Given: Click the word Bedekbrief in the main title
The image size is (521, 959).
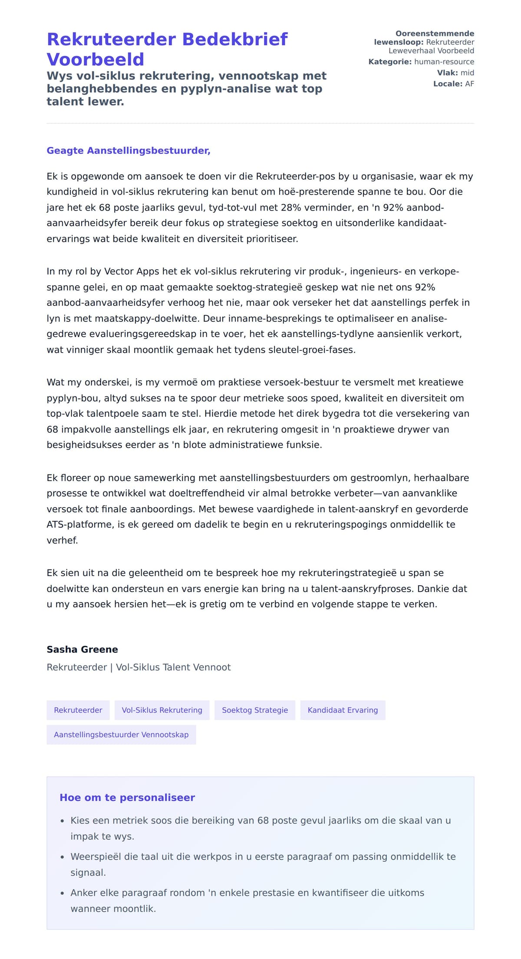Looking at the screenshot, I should pyautogui.click(x=234, y=39).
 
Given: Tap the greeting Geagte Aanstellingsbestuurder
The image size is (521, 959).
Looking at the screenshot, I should pyautogui.click(x=129, y=151).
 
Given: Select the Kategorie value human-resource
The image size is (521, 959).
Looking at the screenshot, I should pyautogui.click(x=444, y=62).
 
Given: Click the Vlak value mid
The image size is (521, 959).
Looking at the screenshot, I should pyautogui.click(x=467, y=73).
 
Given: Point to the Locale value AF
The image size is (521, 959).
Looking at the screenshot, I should pyautogui.click(x=469, y=84).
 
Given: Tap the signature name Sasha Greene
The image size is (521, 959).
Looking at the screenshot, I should pyautogui.click(x=82, y=649).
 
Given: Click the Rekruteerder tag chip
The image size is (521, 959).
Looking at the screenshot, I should pyautogui.click(x=78, y=710).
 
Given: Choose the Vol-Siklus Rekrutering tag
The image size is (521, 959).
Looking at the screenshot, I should pyautogui.click(x=162, y=710).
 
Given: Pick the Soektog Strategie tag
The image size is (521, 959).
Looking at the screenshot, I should pyautogui.click(x=255, y=710).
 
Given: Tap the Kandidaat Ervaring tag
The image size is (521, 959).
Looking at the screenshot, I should pyautogui.click(x=343, y=710).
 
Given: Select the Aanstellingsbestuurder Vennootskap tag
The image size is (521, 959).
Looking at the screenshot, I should pyautogui.click(x=121, y=735).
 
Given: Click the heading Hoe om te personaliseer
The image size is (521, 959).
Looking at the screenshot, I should pyautogui.click(x=127, y=798).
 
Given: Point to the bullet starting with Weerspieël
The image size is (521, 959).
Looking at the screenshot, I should pyautogui.click(x=263, y=857).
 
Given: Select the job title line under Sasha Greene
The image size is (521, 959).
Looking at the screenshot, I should pyautogui.click(x=138, y=667).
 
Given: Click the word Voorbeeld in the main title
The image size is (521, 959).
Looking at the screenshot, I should pyautogui.click(x=95, y=59).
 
